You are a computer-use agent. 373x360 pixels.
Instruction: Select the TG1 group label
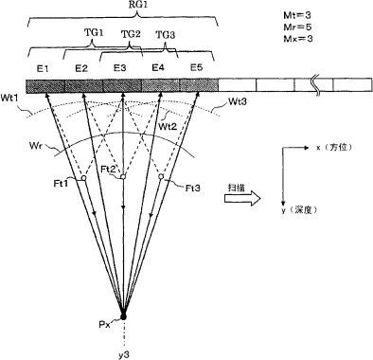[x=94, y=32]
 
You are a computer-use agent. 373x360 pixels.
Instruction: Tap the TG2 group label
[x=131, y=33]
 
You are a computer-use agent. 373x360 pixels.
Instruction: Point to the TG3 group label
[x=166, y=35]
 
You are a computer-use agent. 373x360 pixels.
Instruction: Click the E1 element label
[x=43, y=68]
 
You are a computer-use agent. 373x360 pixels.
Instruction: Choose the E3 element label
[x=120, y=68]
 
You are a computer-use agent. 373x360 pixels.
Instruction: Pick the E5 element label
[x=196, y=67]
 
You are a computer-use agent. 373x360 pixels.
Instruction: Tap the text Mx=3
[x=298, y=39]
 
